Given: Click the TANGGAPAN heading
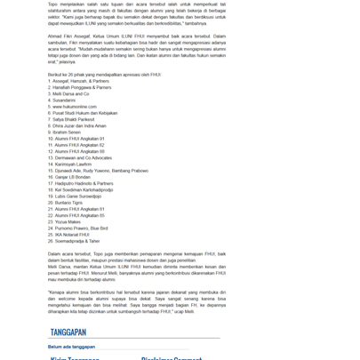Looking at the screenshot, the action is pyautogui.click(x=68, y=332).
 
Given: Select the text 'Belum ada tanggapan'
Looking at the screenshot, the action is pyautogui.click(x=71, y=347).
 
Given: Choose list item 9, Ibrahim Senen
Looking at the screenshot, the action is pyautogui.click(x=64, y=132).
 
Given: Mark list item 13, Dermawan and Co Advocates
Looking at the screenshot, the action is pyautogui.click(x=81, y=157).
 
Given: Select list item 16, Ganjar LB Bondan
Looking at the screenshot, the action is pyautogui.click(x=70, y=177).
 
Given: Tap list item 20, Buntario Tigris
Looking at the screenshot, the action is pyautogui.click(x=68, y=202).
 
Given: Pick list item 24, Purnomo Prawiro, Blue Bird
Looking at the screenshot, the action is pyautogui.click(x=81, y=228).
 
